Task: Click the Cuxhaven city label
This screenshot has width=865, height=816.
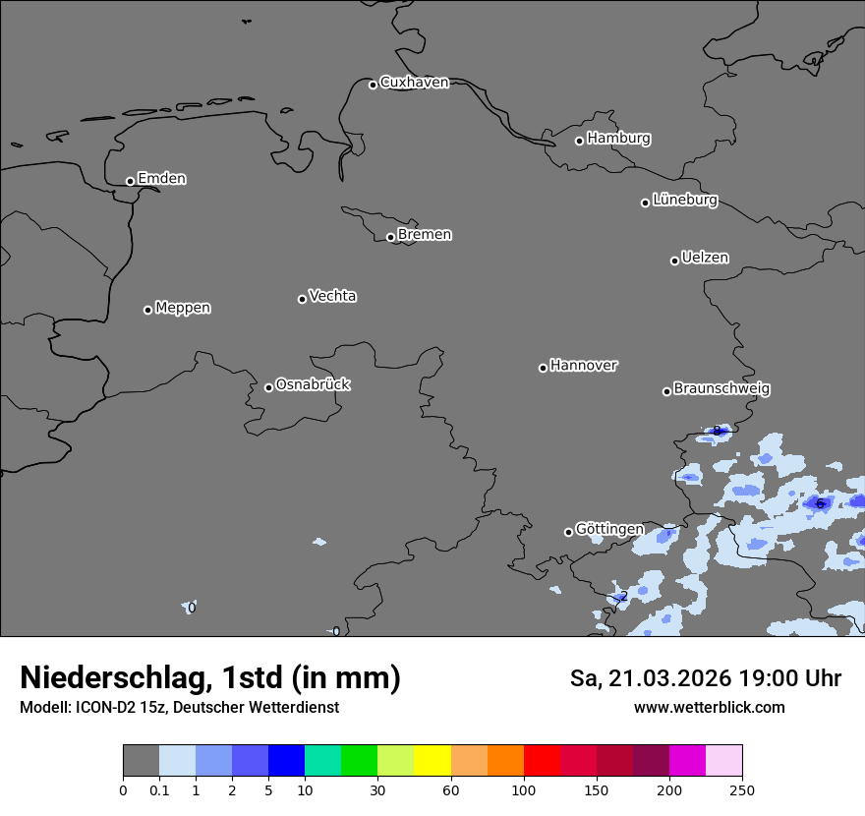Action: (414, 83)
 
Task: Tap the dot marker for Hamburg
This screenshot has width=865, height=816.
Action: (579, 141)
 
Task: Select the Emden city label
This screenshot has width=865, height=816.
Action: (161, 179)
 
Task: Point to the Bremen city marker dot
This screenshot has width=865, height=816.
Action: (390, 237)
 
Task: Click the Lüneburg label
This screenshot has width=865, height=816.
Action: (684, 200)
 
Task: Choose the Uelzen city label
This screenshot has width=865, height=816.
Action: (705, 258)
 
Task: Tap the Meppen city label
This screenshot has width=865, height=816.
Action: (183, 308)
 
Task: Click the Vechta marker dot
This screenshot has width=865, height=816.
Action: (302, 299)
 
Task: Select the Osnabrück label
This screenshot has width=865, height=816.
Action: (313, 384)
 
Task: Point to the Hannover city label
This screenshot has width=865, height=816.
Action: (584, 366)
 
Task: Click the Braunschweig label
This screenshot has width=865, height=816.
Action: (721, 389)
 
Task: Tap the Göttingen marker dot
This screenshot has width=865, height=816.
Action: (568, 532)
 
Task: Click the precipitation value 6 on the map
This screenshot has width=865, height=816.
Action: (820, 503)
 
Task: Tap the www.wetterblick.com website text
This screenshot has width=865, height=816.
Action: (709, 707)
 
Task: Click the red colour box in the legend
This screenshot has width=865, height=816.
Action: (542, 761)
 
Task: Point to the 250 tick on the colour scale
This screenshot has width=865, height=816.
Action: (742, 789)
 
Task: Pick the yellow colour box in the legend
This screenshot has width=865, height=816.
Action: (432, 761)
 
